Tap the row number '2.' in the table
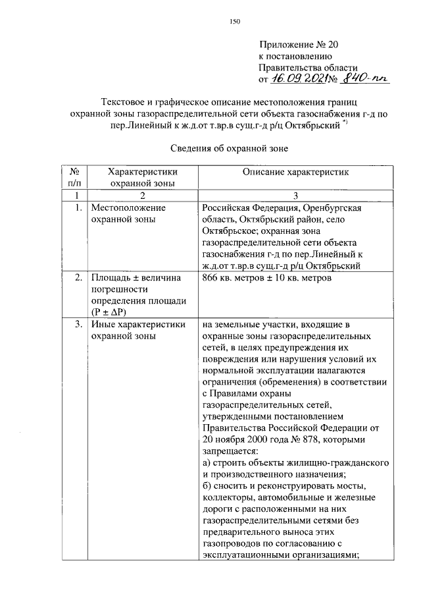[78, 279]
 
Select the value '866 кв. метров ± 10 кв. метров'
[266, 279]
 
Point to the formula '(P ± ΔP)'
[109, 313]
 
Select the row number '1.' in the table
[78, 207]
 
